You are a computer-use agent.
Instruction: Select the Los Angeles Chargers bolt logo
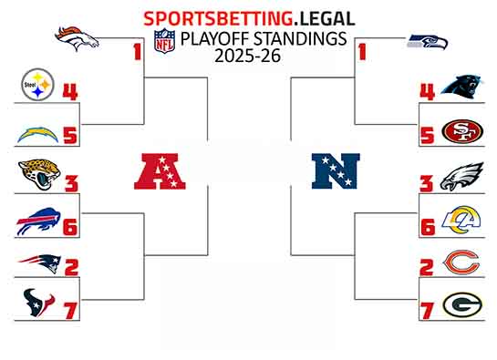click(36, 134)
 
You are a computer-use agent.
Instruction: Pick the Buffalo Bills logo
click(36, 221)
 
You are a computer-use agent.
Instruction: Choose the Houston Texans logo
click(36, 303)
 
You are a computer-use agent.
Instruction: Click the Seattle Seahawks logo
click(428, 41)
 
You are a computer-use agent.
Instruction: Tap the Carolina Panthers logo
click(462, 87)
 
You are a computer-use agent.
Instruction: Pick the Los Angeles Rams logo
click(462, 220)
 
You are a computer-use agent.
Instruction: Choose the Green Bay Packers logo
click(462, 304)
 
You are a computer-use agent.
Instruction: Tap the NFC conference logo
click(336, 170)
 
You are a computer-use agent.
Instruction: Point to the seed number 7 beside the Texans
click(69, 311)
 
